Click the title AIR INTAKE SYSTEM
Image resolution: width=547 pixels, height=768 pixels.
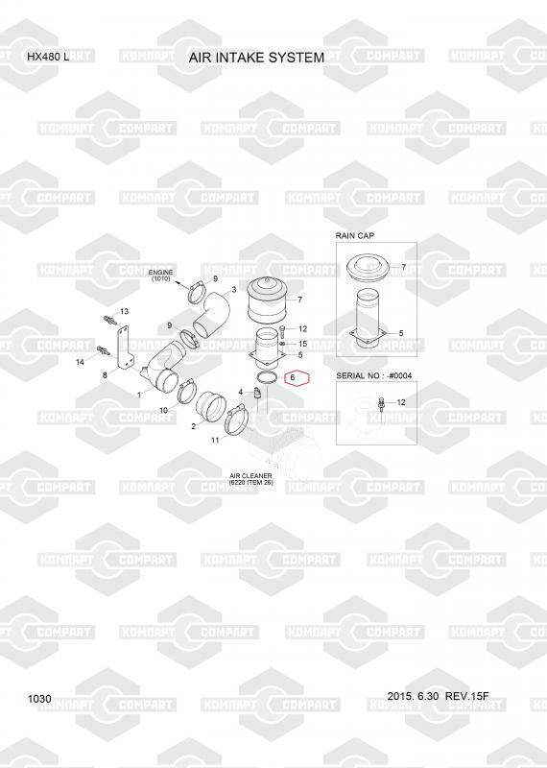(256, 58)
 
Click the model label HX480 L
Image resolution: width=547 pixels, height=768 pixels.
(48, 57)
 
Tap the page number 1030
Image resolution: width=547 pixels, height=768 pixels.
(39, 699)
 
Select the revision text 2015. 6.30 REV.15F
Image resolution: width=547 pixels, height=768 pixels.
(438, 696)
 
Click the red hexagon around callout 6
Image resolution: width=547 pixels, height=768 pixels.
(297, 377)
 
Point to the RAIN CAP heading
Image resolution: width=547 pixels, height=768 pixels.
(354, 235)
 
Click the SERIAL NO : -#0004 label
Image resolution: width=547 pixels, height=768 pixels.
(373, 375)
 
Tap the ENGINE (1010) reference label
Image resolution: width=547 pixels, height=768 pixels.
(160, 276)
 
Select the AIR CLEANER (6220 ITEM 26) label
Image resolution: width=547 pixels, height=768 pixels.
(250, 479)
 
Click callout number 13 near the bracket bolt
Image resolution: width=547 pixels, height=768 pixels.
(124, 311)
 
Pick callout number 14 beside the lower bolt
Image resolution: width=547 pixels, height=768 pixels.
(80, 362)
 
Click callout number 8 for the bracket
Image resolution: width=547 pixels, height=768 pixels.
(105, 375)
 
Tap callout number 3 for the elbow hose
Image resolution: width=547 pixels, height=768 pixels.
(234, 290)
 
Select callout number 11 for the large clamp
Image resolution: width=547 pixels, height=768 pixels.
(215, 441)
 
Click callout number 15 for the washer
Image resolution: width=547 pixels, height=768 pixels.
(302, 345)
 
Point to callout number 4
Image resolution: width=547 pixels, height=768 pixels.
(241, 393)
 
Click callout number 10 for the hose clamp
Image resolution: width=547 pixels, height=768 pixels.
(163, 410)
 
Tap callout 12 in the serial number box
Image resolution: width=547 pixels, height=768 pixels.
(401, 402)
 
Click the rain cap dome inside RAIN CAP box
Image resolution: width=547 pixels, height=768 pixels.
(369, 268)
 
